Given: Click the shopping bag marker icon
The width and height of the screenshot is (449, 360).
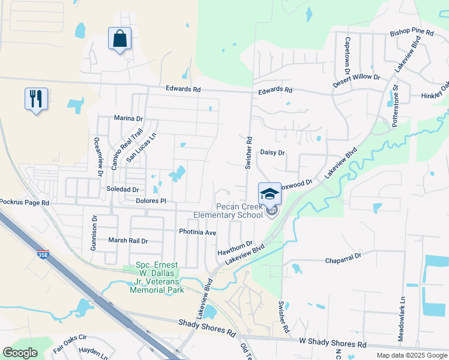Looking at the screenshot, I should (x=119, y=39).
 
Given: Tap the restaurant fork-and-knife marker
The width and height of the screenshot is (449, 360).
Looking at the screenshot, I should (x=36, y=98).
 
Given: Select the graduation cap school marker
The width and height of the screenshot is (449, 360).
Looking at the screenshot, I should (x=270, y=194).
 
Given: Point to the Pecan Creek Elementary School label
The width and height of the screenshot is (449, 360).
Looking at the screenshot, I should (x=228, y=210).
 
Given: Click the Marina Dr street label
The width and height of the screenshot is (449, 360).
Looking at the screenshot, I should (x=128, y=118).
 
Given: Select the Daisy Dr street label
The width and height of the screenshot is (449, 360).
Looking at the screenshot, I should (x=272, y=153).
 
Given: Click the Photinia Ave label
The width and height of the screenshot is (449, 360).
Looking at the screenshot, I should (x=197, y=232).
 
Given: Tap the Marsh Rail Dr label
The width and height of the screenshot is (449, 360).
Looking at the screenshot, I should (x=127, y=241).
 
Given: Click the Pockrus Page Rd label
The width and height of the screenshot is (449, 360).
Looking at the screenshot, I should (x=25, y=203).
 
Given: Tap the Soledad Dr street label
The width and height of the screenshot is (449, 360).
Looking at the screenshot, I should (x=122, y=189).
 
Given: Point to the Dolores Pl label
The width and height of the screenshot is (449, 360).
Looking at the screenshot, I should (x=151, y=201).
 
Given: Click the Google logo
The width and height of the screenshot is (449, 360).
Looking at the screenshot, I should (x=20, y=353).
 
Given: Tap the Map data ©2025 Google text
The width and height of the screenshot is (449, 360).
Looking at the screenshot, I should (x=411, y=355).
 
